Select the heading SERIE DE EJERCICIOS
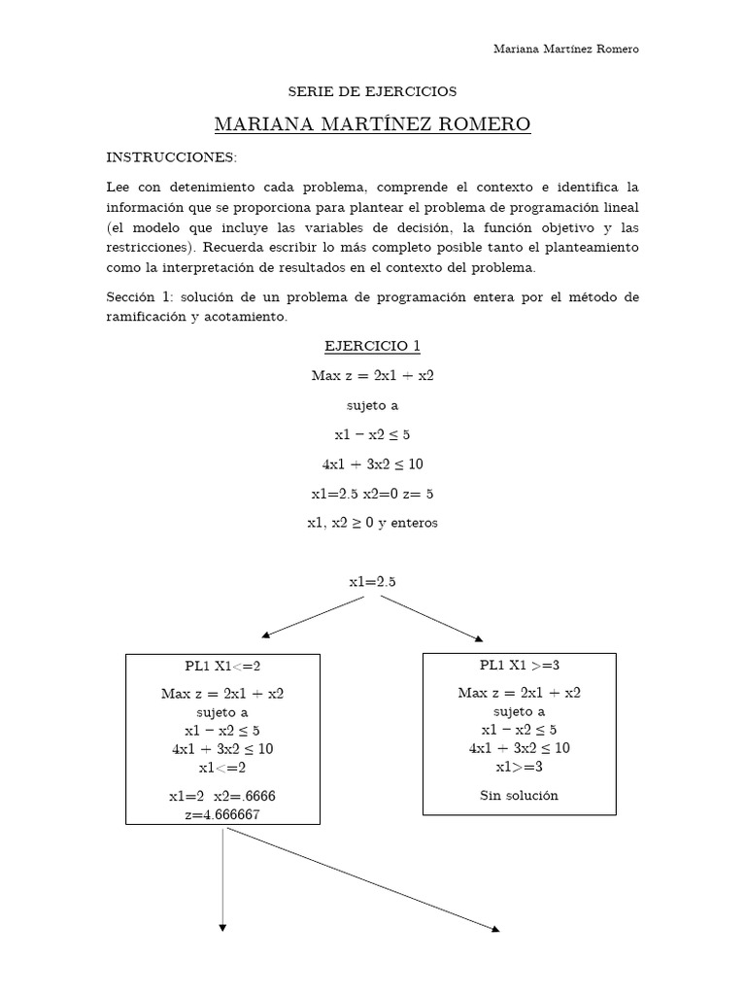[372, 91]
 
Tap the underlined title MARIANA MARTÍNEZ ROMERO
[372, 124]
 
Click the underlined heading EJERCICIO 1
[372, 346]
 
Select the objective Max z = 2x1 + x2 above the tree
[372, 375]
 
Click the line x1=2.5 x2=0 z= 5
[372, 493]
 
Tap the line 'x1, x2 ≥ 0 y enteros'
[372, 522]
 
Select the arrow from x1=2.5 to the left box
[313, 616]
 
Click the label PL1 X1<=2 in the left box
[222, 666]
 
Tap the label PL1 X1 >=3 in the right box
[519, 665]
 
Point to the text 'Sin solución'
[519, 795]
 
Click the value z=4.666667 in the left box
[222, 814]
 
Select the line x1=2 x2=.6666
[222, 796]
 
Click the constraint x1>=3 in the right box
[519, 766]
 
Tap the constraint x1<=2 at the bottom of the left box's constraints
[222, 767]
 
